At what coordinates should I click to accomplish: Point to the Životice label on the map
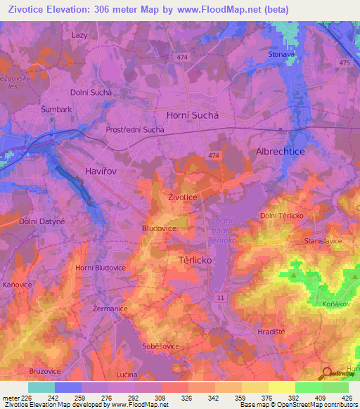click(x=182, y=198)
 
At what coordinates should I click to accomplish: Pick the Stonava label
click(x=281, y=54)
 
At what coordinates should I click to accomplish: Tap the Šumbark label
click(x=56, y=110)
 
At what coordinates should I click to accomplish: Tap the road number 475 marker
click(x=344, y=63)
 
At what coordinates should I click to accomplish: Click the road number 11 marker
click(x=221, y=299)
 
